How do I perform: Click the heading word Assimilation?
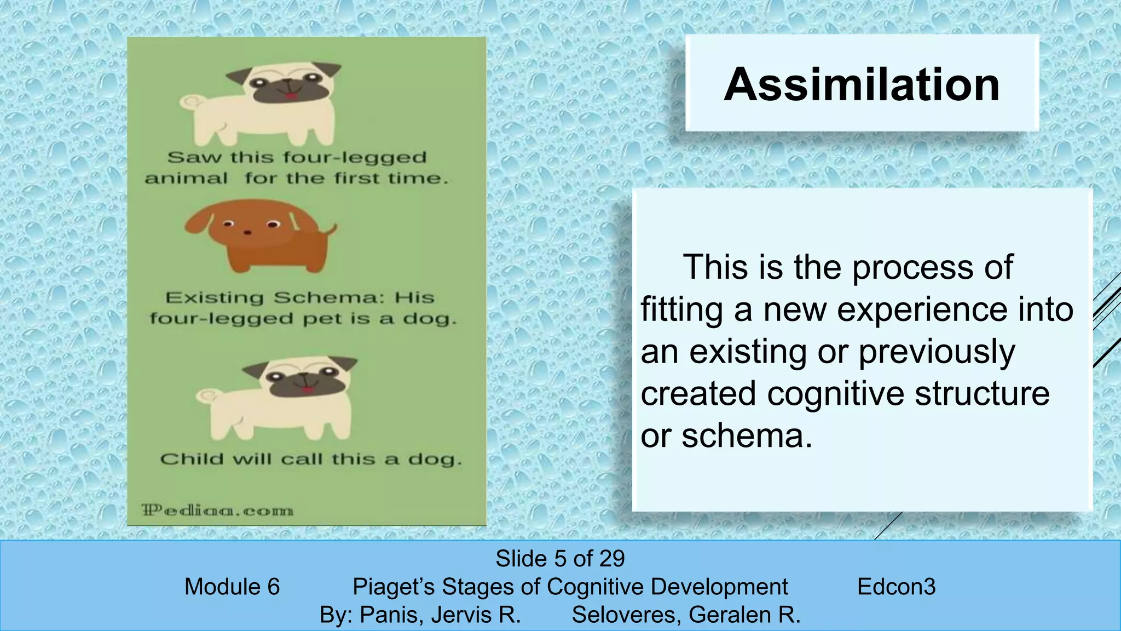pos(862,84)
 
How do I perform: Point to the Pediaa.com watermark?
pos(218,510)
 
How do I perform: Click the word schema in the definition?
pos(744,436)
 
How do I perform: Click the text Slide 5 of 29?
pos(560,559)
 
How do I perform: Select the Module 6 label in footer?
pos(232,587)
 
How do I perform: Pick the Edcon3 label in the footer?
pos(896,587)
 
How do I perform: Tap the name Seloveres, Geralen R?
pos(686,615)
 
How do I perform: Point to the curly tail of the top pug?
pos(191,102)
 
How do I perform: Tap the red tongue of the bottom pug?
pos(308,390)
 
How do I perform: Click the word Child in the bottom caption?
pos(192,459)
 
